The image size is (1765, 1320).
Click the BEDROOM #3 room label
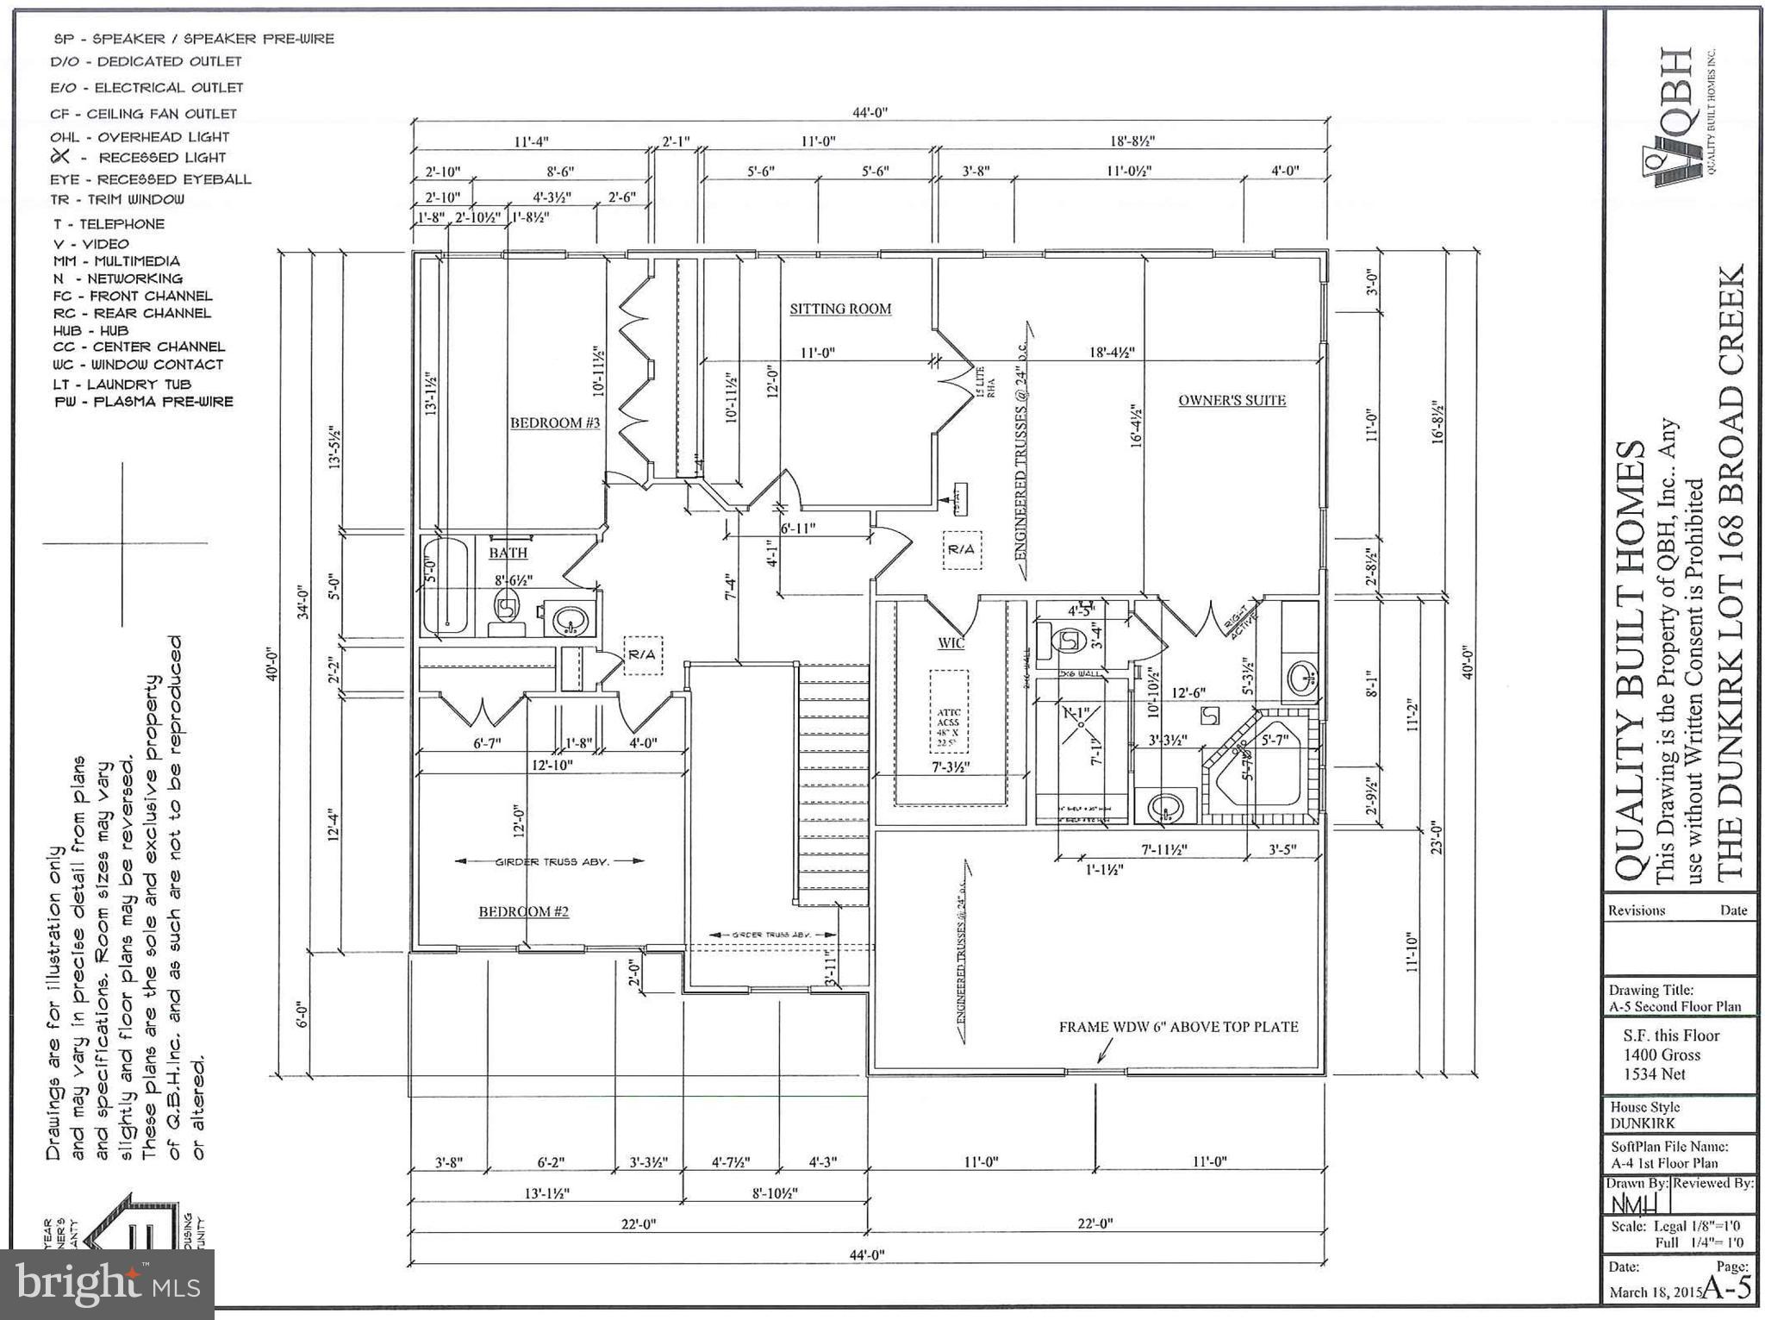(554, 422)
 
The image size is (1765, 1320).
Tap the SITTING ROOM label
(840, 309)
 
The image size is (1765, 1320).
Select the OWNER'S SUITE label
(1232, 400)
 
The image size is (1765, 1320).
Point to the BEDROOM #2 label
(523, 911)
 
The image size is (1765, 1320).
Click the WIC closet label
(951, 642)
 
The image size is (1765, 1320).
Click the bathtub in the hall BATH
(446, 586)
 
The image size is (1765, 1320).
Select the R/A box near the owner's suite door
(961, 549)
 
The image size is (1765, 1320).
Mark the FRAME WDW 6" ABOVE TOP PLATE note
(1178, 1027)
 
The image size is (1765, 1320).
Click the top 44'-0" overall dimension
(869, 112)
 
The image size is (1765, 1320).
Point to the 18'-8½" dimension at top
(1132, 141)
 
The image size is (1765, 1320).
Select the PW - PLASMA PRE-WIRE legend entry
(143, 402)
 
